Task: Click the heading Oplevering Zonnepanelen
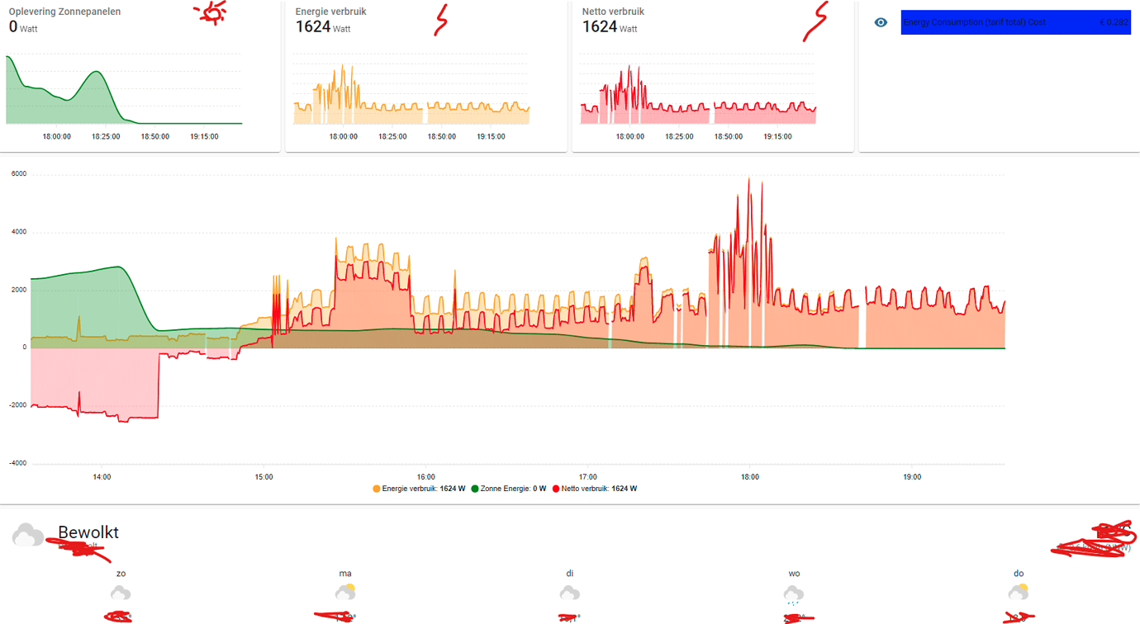[x=64, y=12]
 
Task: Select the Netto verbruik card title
[x=613, y=12]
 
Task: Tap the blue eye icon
[x=881, y=22]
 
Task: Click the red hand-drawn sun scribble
[x=211, y=12]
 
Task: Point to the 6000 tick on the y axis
[x=18, y=174]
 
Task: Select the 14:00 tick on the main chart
[x=102, y=477]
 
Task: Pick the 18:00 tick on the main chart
[x=749, y=477]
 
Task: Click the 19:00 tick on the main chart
[x=911, y=477]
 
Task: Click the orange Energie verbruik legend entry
[x=419, y=489]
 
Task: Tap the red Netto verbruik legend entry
[x=594, y=489]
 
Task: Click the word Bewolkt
[x=88, y=532]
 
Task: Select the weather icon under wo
[x=793, y=593]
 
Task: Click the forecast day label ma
[x=345, y=573]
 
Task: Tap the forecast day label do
[x=1019, y=573]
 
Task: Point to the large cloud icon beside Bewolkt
[x=28, y=536]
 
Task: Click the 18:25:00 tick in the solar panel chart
[x=105, y=136]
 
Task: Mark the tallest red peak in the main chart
[x=748, y=179]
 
